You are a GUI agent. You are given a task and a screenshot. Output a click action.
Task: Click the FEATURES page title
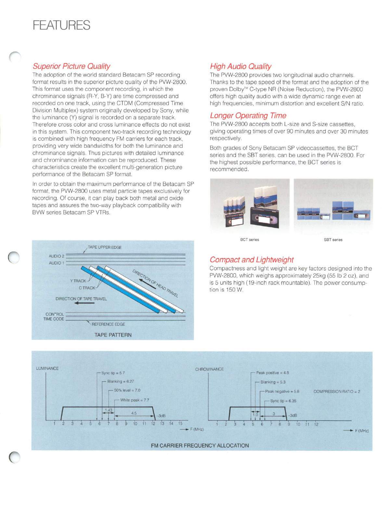click(61, 25)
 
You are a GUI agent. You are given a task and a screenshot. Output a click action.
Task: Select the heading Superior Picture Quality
click(71, 66)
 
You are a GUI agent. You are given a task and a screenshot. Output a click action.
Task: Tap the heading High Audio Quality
click(240, 67)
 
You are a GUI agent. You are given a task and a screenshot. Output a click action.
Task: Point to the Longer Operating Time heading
click(248, 116)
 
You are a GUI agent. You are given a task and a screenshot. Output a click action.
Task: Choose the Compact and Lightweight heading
click(251, 260)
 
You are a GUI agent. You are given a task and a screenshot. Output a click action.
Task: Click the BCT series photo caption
click(250, 240)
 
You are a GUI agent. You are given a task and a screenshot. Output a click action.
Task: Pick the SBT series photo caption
click(333, 240)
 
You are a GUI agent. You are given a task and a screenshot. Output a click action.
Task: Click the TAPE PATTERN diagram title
click(113, 335)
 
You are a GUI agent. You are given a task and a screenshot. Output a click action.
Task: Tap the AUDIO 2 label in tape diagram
click(57, 256)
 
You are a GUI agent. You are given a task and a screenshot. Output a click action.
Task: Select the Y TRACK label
click(78, 281)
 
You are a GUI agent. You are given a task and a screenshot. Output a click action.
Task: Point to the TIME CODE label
click(54, 319)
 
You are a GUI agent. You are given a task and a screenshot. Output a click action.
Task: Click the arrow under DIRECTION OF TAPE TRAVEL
click(84, 303)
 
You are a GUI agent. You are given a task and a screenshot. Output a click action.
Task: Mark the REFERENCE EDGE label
click(108, 324)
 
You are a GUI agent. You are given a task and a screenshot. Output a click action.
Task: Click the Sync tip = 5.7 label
click(113, 373)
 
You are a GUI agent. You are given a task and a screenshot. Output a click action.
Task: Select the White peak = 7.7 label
click(135, 400)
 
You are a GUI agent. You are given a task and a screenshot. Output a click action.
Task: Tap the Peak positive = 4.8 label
click(272, 373)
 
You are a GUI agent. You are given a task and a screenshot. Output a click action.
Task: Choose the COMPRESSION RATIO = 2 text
click(337, 391)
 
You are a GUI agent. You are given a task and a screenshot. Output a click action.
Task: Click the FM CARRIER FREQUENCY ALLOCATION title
click(200, 445)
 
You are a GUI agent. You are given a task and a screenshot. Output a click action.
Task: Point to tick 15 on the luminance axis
click(180, 423)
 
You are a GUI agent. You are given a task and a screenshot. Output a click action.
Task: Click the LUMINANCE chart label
click(47, 368)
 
